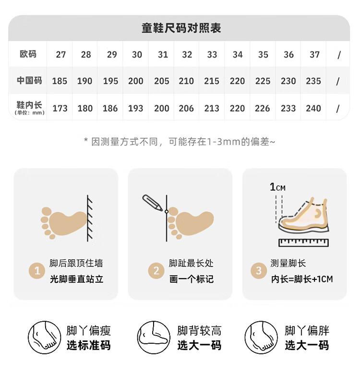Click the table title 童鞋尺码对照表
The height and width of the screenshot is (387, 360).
click(x=181, y=28)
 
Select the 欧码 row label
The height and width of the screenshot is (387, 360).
click(x=28, y=54)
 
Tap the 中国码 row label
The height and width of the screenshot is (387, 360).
click(x=29, y=81)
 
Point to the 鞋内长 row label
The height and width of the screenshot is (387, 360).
click(x=29, y=108)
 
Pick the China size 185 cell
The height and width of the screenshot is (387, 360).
click(x=60, y=81)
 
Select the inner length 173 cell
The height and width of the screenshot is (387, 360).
click(x=60, y=109)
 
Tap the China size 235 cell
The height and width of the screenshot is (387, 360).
click(x=313, y=81)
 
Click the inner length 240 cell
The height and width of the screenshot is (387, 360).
click(x=313, y=109)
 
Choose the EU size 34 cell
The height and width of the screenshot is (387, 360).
click(x=238, y=55)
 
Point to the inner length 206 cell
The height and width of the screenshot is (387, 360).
click(x=186, y=109)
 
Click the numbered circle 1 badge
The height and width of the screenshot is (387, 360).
click(x=37, y=271)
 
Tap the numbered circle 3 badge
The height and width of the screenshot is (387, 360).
click(x=259, y=271)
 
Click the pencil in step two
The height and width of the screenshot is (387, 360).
click(x=152, y=203)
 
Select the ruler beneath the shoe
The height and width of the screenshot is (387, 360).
click(x=303, y=242)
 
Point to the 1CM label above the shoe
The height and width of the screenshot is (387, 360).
click(x=277, y=187)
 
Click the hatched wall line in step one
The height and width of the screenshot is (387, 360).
click(x=90, y=218)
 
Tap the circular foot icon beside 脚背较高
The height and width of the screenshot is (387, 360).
click(x=154, y=338)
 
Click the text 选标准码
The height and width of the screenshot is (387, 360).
click(x=89, y=345)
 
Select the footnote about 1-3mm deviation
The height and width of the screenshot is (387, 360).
click(x=180, y=142)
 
